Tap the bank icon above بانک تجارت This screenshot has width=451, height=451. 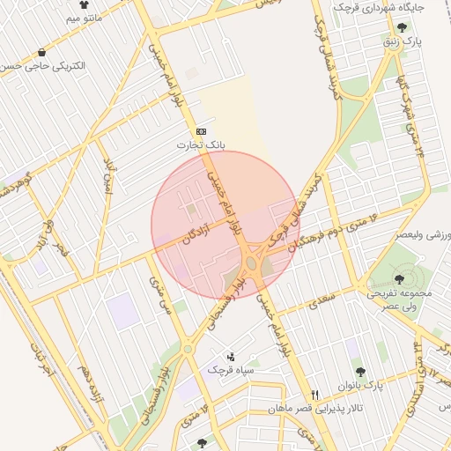[x=202, y=129]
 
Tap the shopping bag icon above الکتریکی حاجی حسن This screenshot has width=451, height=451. [x=41, y=53]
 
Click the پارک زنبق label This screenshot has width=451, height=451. [x=407, y=41]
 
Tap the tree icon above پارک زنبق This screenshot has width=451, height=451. [x=403, y=26]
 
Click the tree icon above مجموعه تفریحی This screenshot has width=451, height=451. [x=399, y=277]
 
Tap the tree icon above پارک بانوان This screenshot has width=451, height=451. [x=360, y=373]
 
